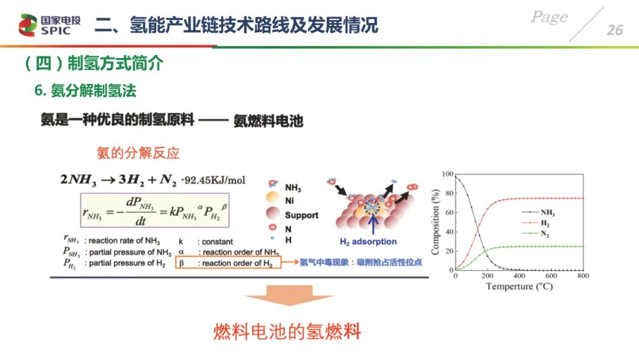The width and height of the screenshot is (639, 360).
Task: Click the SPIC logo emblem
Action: pyautogui.click(x=28, y=25)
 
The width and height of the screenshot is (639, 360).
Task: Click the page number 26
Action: pyautogui.click(x=615, y=30)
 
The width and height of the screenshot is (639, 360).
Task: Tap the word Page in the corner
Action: pyautogui.click(x=549, y=17)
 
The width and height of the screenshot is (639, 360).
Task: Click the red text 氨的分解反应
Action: pyautogui.click(x=138, y=153)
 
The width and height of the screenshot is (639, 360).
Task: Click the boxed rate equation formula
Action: pyautogui.click(x=155, y=210)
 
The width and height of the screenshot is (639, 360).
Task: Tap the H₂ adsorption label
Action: pyautogui.click(x=368, y=242)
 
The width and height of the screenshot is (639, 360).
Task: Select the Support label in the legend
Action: pyautogui.click(x=302, y=216)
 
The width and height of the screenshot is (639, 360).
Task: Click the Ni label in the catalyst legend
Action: pyautogui.click(x=289, y=201)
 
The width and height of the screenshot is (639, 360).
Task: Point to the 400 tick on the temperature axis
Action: pyautogui.click(x=519, y=275)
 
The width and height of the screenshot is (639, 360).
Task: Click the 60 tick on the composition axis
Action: pyautogui.click(x=449, y=213)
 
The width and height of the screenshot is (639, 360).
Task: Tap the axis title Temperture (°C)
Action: pyautogui.click(x=519, y=287)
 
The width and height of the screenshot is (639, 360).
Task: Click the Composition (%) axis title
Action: pyautogui.click(x=435, y=222)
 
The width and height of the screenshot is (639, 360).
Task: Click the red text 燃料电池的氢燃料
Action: pyautogui.click(x=288, y=332)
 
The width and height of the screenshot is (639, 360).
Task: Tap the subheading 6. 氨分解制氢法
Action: pyautogui.click(x=85, y=91)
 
